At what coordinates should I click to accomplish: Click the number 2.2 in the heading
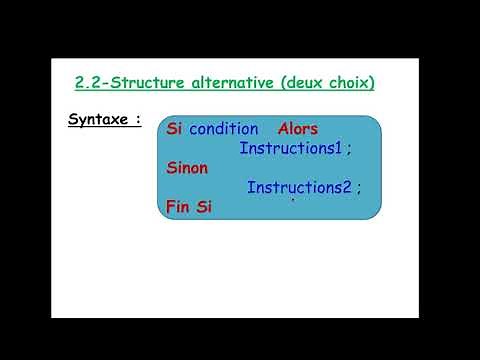coord(91,83)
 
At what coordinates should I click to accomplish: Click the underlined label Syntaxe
coord(97,121)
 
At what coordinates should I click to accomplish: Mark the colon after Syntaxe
coord(137,121)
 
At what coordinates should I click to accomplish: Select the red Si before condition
coord(174,129)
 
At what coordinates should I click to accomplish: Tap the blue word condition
coord(223,129)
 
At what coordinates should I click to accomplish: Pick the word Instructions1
coord(290,149)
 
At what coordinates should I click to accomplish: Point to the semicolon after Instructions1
coord(350,150)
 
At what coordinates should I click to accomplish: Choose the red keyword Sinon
coord(187,168)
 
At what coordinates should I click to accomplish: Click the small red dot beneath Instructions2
coord(292,202)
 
